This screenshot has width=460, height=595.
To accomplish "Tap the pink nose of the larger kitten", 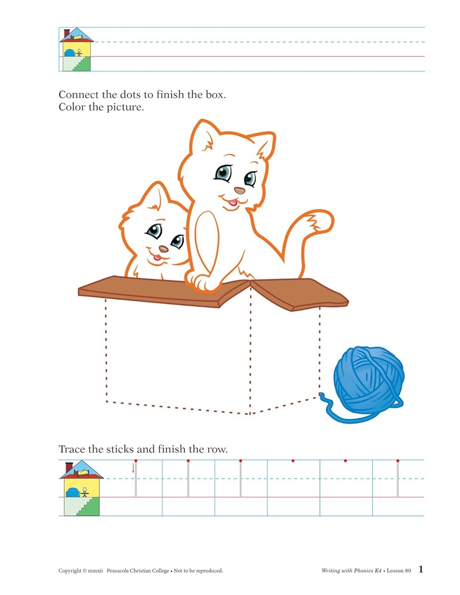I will click(x=239, y=190).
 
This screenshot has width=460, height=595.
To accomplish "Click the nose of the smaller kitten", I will click(x=163, y=249).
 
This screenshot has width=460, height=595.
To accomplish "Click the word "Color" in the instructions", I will click(x=72, y=107).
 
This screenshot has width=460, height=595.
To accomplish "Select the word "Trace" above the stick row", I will click(x=71, y=449).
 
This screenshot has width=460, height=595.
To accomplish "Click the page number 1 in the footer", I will click(x=420, y=569).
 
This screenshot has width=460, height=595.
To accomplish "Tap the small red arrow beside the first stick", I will click(x=133, y=468).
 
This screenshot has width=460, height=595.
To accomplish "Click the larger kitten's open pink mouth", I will click(x=233, y=203).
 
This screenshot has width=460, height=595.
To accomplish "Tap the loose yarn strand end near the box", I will click(x=322, y=395).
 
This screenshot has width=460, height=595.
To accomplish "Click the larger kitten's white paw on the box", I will click(x=204, y=282).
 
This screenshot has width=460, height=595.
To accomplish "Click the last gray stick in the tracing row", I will click(x=398, y=479).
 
